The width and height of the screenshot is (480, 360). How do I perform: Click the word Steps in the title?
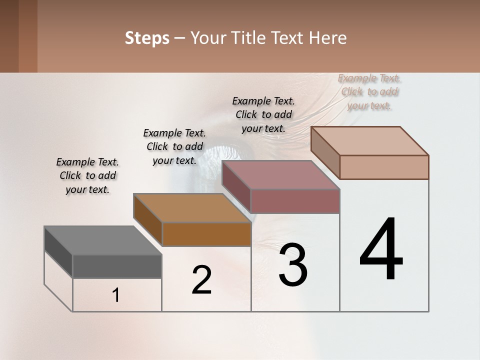pos(147,38)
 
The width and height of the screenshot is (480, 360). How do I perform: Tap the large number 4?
pos(381,249)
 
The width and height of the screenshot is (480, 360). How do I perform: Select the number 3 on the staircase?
pos(293,264)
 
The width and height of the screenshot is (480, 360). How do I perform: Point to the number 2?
pos(202,280)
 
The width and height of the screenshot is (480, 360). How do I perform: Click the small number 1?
pos(116,295)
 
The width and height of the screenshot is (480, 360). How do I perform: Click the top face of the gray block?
pos(103,240)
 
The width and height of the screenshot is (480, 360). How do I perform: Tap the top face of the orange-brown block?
pos(192,208)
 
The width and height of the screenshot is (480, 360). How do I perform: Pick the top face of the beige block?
pos(370,141)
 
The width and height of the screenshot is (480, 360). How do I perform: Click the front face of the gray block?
pos(117,266)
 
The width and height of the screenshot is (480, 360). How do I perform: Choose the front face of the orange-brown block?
pos(206,234)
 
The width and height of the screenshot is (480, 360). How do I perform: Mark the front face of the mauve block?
pos(295,201)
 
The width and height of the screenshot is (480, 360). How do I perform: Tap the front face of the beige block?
pos(384,167)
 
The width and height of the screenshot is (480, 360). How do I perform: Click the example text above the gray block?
pos(87,175)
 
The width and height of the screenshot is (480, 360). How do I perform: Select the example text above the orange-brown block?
pos(174,146)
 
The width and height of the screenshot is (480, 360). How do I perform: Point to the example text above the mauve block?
pos(263,114)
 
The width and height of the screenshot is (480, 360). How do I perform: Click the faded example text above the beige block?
pos(369,91)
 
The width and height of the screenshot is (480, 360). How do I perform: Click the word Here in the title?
pos(328,38)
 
